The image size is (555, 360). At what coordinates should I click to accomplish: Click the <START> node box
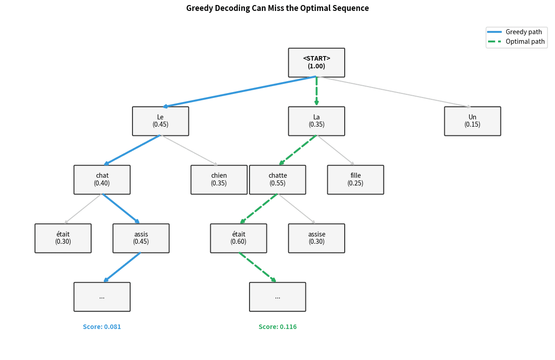click(316, 62)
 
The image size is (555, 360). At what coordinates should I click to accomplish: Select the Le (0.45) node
click(160, 121)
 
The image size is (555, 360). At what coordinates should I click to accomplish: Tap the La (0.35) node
click(316, 121)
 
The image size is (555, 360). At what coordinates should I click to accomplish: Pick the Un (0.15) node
click(472, 121)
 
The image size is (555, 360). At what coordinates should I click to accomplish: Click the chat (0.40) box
click(102, 180)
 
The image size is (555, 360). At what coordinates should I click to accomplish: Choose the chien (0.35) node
click(219, 180)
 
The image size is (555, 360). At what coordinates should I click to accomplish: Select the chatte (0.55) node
click(277, 180)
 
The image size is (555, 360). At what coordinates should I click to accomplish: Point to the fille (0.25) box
click(355, 180)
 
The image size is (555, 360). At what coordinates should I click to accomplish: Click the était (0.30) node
click(63, 238)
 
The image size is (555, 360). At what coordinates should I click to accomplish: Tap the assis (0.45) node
click(141, 238)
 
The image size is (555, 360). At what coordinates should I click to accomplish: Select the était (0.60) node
click(238, 238)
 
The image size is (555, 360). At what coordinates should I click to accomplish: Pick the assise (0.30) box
click(316, 238)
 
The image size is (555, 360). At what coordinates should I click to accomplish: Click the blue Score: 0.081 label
click(102, 327)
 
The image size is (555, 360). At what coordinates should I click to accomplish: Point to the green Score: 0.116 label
click(277, 327)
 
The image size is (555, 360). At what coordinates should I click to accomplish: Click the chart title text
click(277, 8)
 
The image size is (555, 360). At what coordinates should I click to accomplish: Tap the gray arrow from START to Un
click(394, 92)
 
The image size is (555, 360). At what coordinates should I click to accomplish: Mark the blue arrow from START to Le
click(239, 92)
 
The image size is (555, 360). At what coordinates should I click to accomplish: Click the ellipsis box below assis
click(102, 297)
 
